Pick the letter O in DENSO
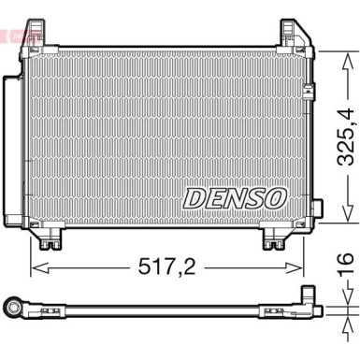point(275,197)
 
